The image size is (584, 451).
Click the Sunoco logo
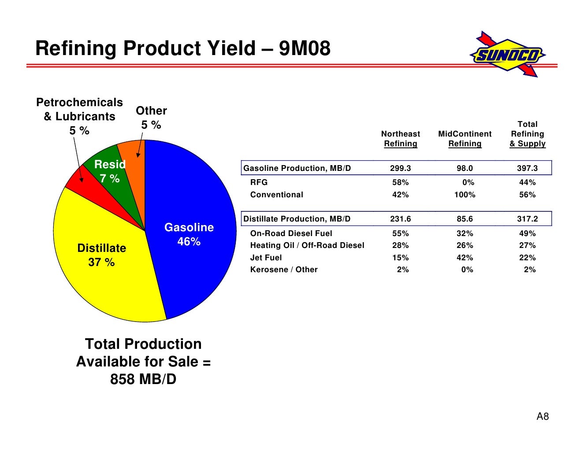(507, 54)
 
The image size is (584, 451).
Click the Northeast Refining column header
(401, 139)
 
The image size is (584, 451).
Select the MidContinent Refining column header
(465, 139)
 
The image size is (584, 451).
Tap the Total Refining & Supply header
(527, 134)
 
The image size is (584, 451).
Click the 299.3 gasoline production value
(401, 168)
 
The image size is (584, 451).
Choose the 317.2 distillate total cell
(527, 219)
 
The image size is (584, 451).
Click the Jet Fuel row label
(266, 258)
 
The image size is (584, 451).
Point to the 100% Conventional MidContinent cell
(465, 195)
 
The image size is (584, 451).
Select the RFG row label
(259, 182)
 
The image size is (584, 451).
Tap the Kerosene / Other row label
(284, 270)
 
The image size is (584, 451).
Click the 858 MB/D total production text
(143, 379)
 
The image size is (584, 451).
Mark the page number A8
(543, 416)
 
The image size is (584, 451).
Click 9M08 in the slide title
(305, 48)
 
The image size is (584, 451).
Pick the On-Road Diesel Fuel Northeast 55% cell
(401, 233)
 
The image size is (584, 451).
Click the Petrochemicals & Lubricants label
(79, 109)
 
